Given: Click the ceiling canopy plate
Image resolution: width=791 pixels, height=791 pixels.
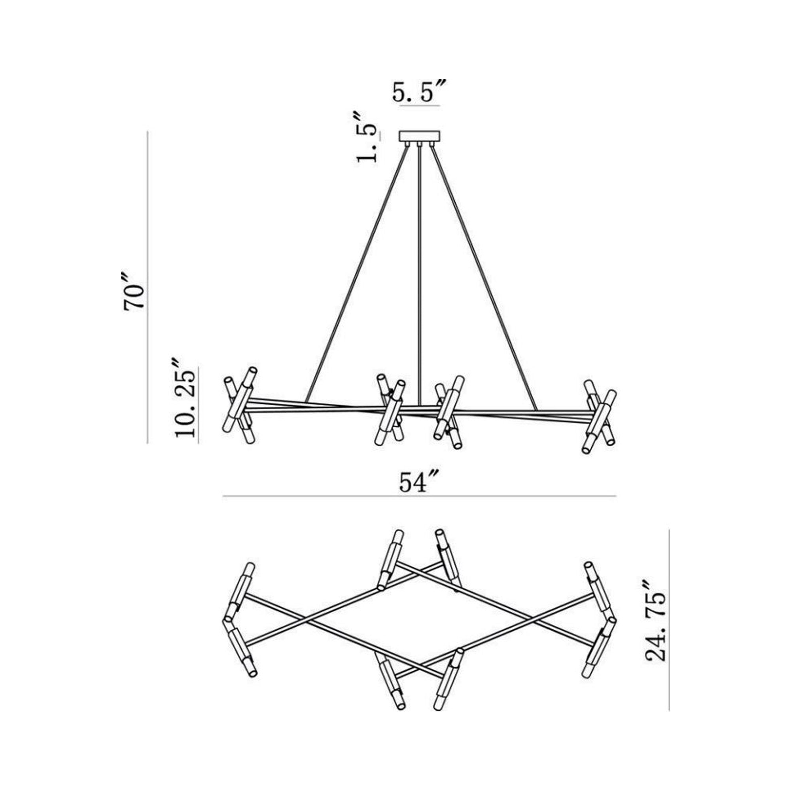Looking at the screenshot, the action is click(420, 136).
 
